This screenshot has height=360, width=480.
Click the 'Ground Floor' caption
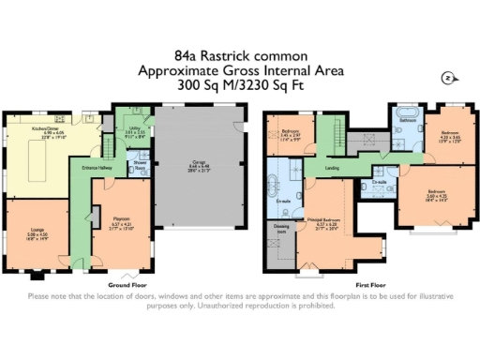pos(125,283)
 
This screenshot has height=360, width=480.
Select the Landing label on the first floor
pos(333,169)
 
